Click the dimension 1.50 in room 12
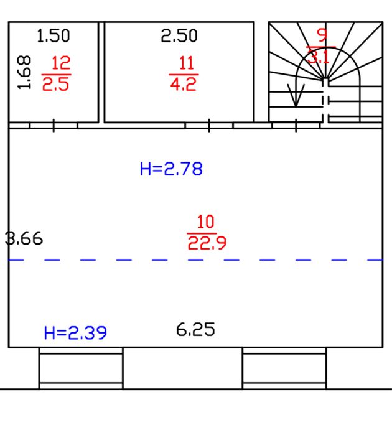[x=54, y=36]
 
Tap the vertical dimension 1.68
[x=24, y=72]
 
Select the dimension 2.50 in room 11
[x=179, y=36]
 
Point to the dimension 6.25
[x=195, y=330]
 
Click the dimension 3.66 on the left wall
[x=24, y=238]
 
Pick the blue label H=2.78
[x=172, y=169]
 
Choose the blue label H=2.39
[x=75, y=333]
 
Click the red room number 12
[x=61, y=63]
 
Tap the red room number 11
[x=186, y=63]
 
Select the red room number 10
[x=205, y=222]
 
